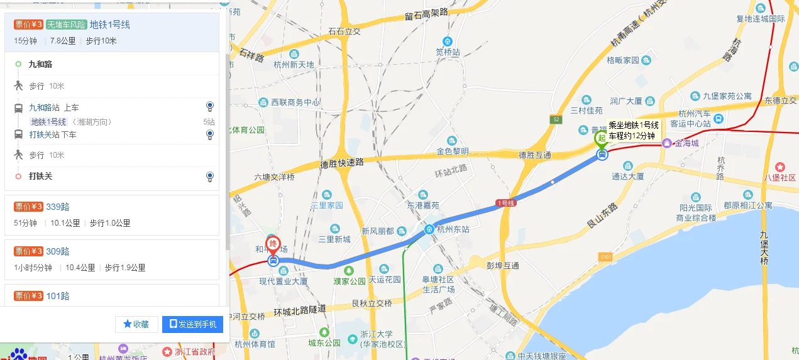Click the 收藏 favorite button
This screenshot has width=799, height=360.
pos(136,324)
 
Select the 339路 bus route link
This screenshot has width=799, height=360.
pos(57,207)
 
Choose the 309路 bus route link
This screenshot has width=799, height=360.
pos(57,251)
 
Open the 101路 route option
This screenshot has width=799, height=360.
pos(57,296)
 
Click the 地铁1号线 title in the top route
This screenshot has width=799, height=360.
pos(109,25)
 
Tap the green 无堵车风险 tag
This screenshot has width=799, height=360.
pos(66,25)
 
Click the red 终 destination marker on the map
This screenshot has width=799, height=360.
pos(273,244)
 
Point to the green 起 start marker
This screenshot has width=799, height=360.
pos(602,138)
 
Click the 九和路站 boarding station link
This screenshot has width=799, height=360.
pos(44,107)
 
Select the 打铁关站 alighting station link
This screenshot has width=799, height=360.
pos(44,134)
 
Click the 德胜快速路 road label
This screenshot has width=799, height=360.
pos(342,162)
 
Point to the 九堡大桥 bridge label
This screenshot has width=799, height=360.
pos(763,248)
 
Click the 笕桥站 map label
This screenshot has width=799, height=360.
pos(448,52)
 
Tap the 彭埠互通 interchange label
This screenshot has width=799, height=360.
pos(503,266)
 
